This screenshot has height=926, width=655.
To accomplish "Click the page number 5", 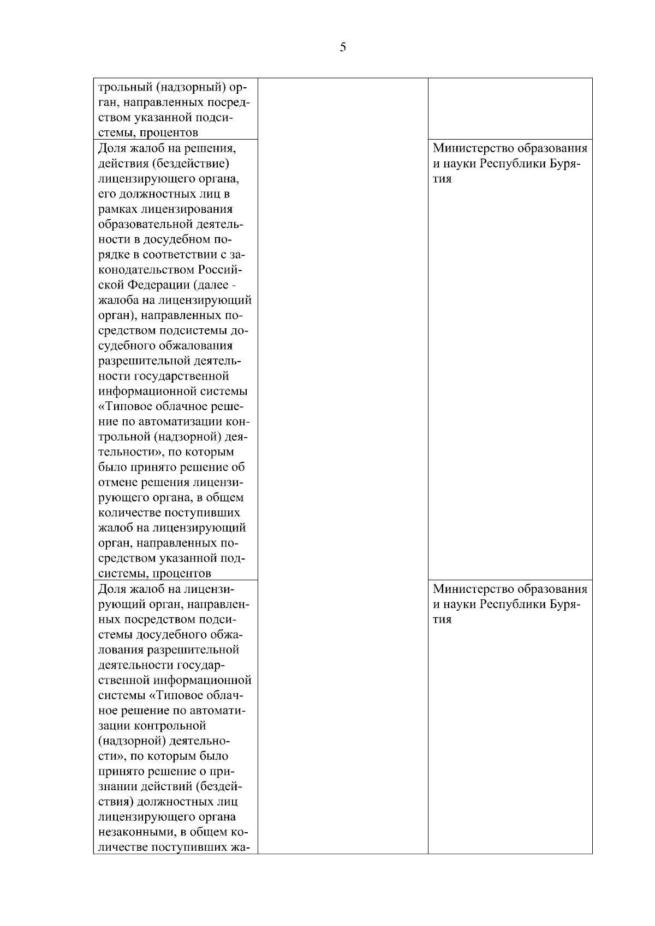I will [343, 47].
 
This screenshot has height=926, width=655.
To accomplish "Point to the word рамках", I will [117, 209].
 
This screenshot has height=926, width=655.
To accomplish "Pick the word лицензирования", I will [187, 209].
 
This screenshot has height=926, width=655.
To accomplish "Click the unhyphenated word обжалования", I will [195, 346].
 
